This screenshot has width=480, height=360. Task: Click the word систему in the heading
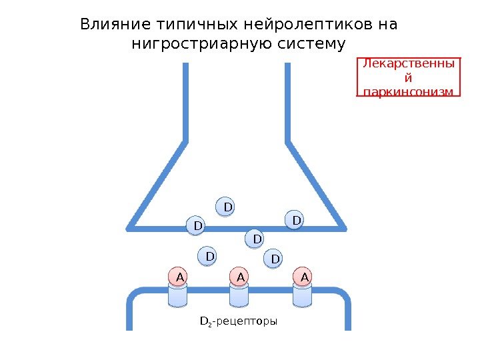click(314, 45)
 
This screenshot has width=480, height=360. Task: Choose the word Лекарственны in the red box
click(410, 64)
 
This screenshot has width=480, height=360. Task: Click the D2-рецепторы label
click(239, 321)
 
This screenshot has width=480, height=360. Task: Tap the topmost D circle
click(227, 207)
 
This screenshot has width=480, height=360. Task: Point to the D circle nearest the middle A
click(255, 238)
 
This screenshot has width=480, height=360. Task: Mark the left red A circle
click(179, 276)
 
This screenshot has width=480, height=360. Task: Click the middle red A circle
click(240, 276)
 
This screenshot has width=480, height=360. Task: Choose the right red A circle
click(303, 276)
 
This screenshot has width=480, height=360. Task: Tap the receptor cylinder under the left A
click(179, 296)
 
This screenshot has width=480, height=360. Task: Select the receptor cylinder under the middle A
click(240, 296)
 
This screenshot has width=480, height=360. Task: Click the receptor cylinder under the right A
click(303, 296)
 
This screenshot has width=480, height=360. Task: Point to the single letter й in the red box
click(409, 77)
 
